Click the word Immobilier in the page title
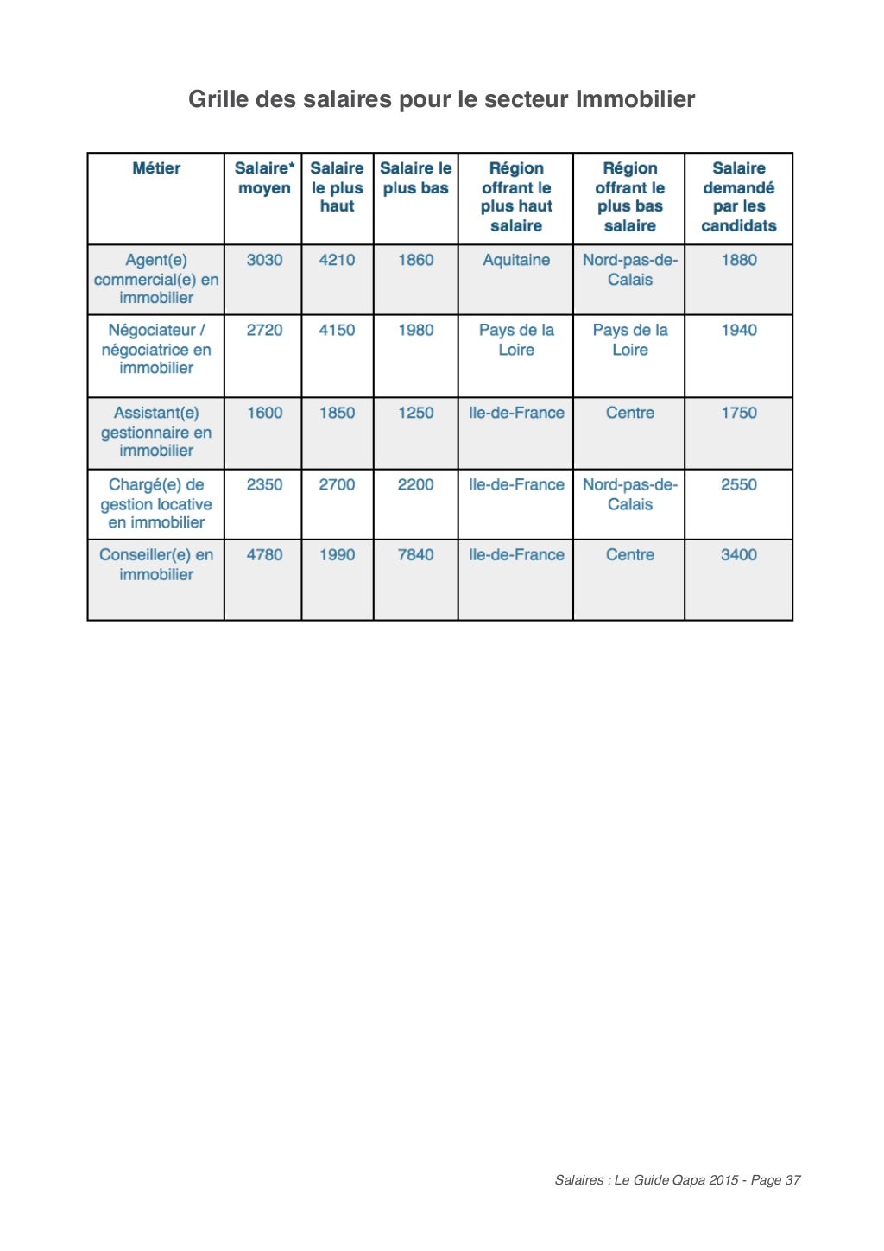click(635, 99)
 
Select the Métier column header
click(156, 168)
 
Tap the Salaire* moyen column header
click(264, 178)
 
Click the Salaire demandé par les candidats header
click(739, 197)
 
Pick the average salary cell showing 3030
click(264, 260)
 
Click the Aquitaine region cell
click(516, 260)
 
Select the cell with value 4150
click(337, 330)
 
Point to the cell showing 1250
click(415, 413)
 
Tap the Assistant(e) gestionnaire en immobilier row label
click(156, 432)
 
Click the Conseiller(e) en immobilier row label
click(156, 565)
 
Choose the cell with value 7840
click(415, 555)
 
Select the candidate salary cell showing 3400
click(739, 555)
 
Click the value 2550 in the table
click(739, 485)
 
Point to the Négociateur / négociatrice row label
click(156, 349)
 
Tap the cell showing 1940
click(739, 330)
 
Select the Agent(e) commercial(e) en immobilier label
click(156, 279)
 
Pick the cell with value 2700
click(337, 485)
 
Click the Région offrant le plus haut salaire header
click(516, 197)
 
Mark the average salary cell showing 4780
click(264, 555)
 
